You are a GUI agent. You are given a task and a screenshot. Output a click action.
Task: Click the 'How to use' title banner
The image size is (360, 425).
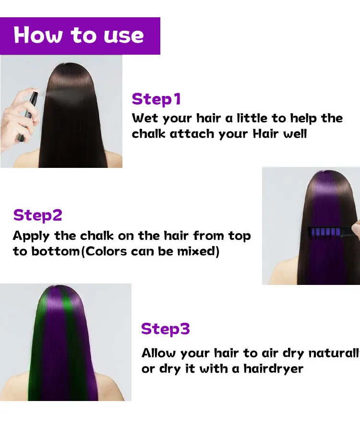click(80, 36)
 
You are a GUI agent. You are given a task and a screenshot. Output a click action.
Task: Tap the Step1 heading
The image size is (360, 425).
click(156, 99)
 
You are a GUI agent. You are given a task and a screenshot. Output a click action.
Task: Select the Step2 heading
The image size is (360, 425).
click(38, 215)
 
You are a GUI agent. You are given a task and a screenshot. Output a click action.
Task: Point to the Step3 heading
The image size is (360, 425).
click(166, 329)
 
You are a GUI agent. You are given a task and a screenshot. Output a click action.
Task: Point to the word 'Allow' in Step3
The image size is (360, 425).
click(158, 354)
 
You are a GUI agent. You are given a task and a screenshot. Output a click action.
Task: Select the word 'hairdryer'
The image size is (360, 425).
click(273, 368)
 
